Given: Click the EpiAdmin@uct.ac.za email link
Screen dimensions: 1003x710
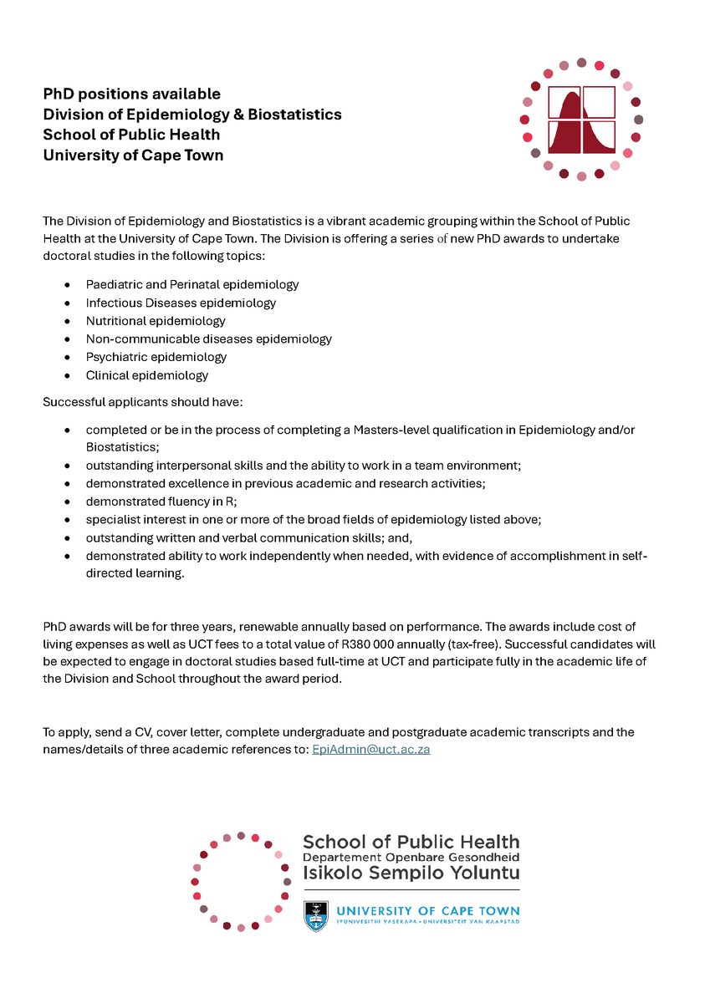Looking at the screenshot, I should coord(370,750).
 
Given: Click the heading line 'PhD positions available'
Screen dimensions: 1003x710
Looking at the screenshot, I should coord(132,94).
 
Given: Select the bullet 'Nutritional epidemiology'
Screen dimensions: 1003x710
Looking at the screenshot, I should coord(156,321).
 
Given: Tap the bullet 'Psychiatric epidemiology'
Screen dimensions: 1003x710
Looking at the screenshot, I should coord(156,357).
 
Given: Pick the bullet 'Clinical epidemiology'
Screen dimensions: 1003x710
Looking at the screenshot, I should coord(147,375).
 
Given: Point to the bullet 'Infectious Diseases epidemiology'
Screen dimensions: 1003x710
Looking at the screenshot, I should coord(181,303).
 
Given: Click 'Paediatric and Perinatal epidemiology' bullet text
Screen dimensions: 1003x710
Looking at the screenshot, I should coord(192,284).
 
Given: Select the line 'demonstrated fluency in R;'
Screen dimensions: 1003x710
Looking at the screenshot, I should coord(161,501).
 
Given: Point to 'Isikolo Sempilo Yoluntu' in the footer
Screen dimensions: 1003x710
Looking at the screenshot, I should coord(411,873).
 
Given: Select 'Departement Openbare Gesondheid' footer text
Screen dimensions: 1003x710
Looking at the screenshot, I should coord(411,858).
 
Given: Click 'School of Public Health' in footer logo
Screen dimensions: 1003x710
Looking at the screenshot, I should coord(411,842).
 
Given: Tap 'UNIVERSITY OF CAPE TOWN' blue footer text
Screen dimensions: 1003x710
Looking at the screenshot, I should coord(427,910).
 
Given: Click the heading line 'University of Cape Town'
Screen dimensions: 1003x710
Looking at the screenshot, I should coord(133,155).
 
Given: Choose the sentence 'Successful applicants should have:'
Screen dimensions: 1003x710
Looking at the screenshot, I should coord(143,402).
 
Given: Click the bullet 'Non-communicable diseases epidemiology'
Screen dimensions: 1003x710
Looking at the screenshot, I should coord(208,339).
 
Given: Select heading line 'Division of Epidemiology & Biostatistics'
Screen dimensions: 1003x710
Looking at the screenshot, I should coord(192,115).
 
